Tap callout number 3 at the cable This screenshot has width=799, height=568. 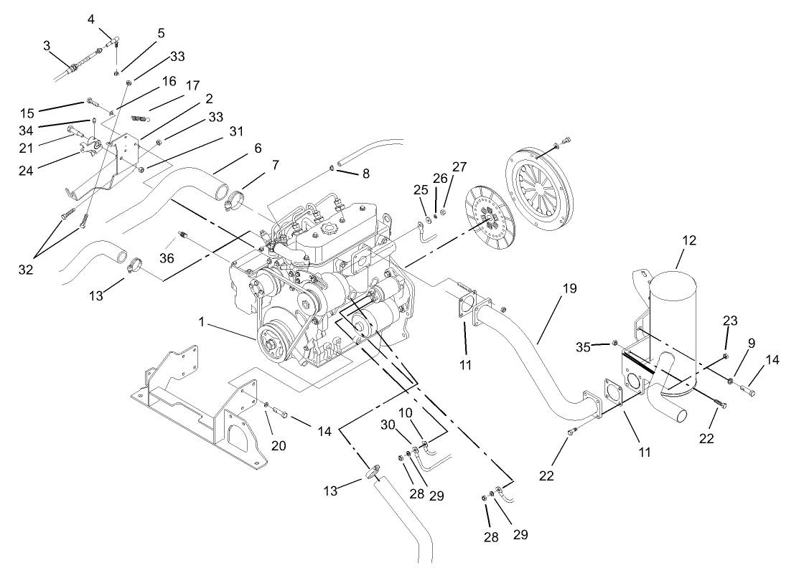point(47,45)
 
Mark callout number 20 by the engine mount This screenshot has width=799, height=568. point(279,445)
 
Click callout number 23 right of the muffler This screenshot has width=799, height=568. point(729,322)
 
